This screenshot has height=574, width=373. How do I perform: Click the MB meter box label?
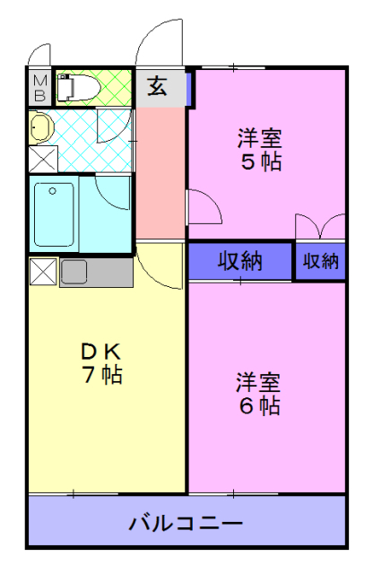(40, 89)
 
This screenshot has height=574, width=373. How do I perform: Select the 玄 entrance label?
(157, 87)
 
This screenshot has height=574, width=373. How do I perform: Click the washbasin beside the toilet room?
(40, 126)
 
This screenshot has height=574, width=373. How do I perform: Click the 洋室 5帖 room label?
(259, 150)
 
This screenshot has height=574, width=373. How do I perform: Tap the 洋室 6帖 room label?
(258, 393)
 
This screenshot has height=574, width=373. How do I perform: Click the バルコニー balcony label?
(185, 522)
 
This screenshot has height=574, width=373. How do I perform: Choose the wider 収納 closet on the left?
(239, 261)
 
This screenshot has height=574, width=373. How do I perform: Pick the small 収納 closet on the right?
(320, 261)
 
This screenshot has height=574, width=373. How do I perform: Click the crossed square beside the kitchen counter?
(43, 271)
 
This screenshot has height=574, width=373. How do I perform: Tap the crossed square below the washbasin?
(42, 159)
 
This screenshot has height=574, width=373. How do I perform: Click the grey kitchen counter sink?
(74, 271)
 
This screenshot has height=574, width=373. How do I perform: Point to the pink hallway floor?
(160, 170)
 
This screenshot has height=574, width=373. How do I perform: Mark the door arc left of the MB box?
(38, 51)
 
